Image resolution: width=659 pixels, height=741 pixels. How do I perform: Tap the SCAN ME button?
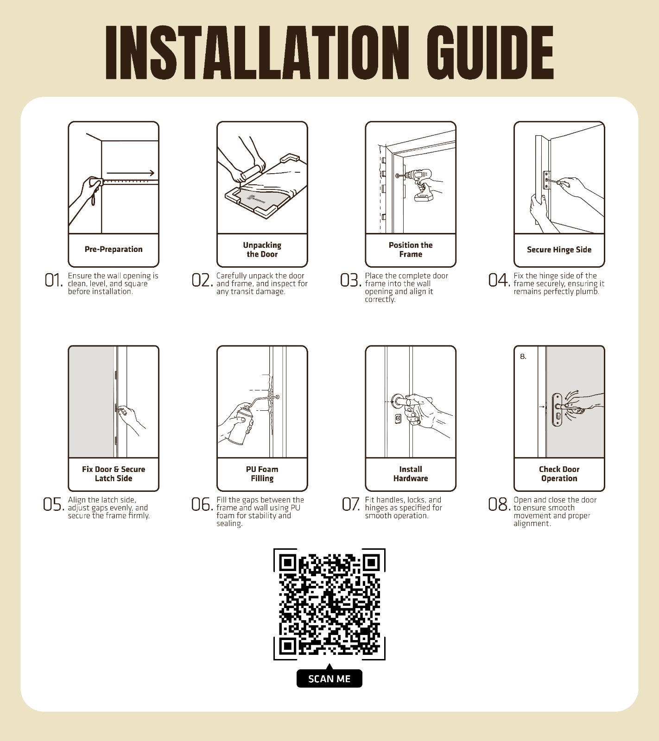(329, 678)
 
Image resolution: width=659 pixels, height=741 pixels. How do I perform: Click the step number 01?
(53, 280)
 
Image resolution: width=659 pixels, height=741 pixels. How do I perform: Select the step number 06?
(202, 504)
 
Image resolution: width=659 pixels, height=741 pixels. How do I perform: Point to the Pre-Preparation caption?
(114, 249)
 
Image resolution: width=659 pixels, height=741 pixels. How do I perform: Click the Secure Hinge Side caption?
(559, 250)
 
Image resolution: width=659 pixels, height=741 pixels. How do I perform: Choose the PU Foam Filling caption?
(262, 474)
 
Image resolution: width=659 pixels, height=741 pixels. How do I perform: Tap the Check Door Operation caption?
(559, 474)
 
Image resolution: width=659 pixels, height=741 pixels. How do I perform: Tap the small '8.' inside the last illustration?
(523, 357)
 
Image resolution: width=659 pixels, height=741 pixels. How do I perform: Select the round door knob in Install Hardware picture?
(398, 401)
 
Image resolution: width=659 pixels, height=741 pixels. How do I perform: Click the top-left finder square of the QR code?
(288, 563)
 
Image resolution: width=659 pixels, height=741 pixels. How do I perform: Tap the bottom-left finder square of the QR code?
(288, 646)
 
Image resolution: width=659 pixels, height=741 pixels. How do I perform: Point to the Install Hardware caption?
(411, 474)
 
